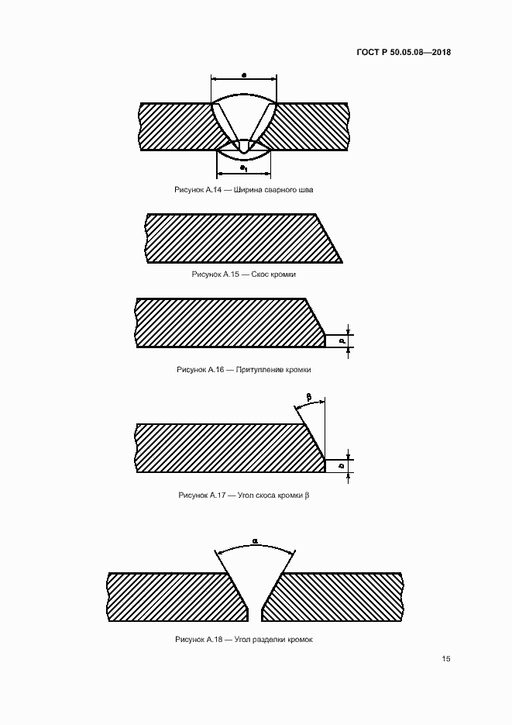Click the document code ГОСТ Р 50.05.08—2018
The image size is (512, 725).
[404, 52]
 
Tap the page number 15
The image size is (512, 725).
[446, 659]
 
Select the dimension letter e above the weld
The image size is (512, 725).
[244, 74]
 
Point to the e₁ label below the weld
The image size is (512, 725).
[243, 167]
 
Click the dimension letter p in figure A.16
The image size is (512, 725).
[342, 340]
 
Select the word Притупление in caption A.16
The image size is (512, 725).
[259, 369]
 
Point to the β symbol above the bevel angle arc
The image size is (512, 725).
[309, 397]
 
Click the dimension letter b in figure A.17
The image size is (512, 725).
[342, 465]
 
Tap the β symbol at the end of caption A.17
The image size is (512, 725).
[307, 495]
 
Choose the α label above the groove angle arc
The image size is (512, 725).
[255, 540]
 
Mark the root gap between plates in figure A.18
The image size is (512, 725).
[255, 614]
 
